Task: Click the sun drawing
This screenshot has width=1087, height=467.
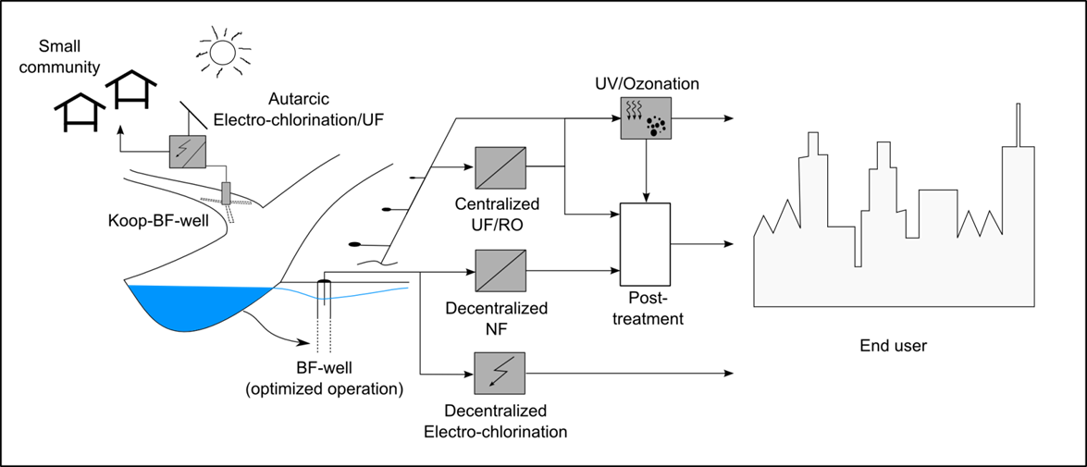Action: coord(222,52)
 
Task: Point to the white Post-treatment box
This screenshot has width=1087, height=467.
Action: coord(646,244)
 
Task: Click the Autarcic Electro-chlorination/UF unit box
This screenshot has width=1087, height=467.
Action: coord(187,151)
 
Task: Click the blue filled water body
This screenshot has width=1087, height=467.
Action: coord(198,307)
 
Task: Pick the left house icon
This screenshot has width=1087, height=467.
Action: coord(80,112)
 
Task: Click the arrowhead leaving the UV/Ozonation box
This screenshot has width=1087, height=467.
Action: coord(727,118)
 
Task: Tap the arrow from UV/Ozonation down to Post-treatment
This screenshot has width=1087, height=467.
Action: coord(646,170)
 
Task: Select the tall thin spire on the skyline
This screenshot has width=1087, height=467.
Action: coord(1019,125)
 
